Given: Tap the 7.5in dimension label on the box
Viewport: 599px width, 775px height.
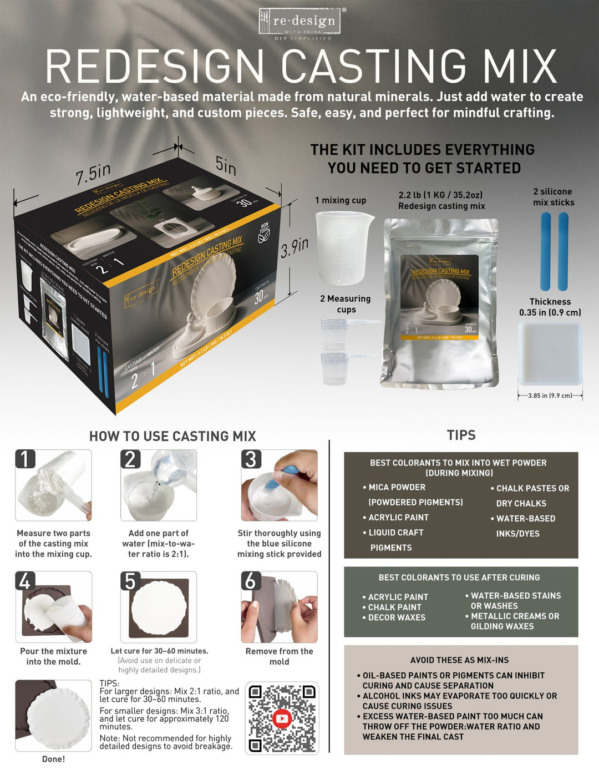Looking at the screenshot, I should tap(93, 174).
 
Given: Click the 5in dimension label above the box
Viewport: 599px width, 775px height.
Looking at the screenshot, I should tap(226, 165).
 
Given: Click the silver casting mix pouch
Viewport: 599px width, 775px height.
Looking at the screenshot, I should tap(441, 302).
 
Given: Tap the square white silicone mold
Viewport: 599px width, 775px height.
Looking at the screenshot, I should tap(550, 353).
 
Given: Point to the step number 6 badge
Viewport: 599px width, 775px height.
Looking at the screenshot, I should tap(251, 581).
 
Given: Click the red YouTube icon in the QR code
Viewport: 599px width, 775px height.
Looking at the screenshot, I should tap(282, 718).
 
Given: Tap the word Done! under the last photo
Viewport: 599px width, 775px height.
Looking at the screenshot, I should tap(53, 759).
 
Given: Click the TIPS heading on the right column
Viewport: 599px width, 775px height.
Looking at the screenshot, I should tap(461, 435).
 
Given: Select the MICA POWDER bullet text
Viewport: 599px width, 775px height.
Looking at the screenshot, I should tap(397, 487).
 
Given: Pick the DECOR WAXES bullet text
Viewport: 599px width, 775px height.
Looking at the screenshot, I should tap(397, 617).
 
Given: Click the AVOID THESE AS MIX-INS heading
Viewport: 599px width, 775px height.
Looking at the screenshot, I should tap(459, 660).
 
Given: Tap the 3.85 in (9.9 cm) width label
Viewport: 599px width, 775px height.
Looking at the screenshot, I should tap(550, 396).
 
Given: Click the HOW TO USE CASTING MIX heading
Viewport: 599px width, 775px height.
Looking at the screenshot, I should tap(172, 437).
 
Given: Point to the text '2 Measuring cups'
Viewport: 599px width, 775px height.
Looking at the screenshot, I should tap(346, 304).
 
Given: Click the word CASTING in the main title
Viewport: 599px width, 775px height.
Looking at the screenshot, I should tap(374, 67).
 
